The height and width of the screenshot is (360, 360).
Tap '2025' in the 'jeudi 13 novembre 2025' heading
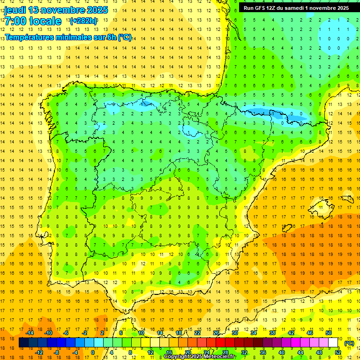point(96,10)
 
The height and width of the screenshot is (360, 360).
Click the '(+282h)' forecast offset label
point(83,21)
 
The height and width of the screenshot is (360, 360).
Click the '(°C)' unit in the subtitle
point(125,37)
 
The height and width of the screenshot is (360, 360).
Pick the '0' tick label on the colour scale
point(92,352)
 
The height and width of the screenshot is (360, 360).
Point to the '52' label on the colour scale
point(338,352)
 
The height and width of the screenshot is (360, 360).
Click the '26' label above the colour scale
point(216,333)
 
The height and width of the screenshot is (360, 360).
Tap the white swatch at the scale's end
point(333,343)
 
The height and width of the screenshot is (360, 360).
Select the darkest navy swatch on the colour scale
point(23,343)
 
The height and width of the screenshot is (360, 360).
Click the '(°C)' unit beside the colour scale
point(349,343)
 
